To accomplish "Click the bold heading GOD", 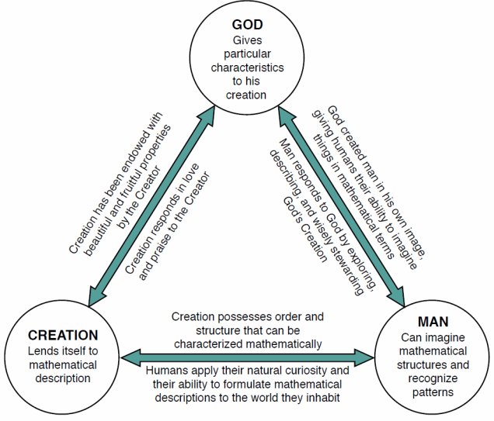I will tap(248, 25).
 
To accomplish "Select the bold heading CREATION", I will tap(63, 336).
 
